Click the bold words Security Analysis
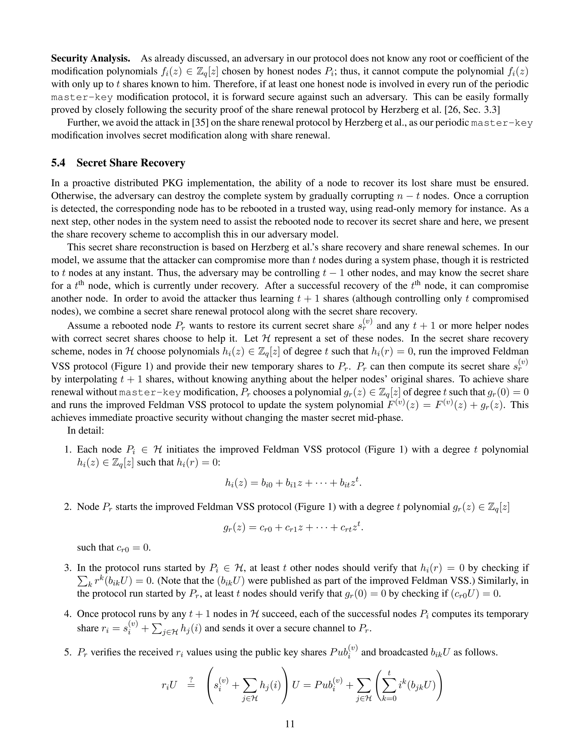tap(90, 58)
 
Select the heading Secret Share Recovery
tap(131, 163)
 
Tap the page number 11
tap(290, 724)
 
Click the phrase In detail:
tap(86, 430)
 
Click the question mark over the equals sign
tap(191, 679)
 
